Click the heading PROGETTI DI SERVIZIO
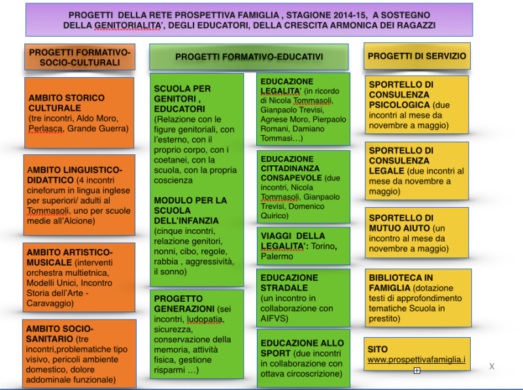click(x=416, y=56)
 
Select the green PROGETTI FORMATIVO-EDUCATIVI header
click(x=249, y=57)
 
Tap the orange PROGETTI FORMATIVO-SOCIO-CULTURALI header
click(x=80, y=57)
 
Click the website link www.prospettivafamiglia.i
click(x=416, y=360)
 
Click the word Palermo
click(x=277, y=256)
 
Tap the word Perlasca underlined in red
click(x=45, y=129)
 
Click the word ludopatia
click(x=205, y=319)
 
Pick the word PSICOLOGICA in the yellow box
click(x=399, y=105)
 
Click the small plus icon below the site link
click(x=417, y=370)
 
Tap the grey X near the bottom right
click(x=492, y=366)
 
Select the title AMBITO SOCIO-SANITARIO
click(x=59, y=334)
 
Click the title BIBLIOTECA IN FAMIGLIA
click(x=401, y=283)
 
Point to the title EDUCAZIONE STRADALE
click(x=289, y=283)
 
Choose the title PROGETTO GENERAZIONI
click(x=184, y=304)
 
